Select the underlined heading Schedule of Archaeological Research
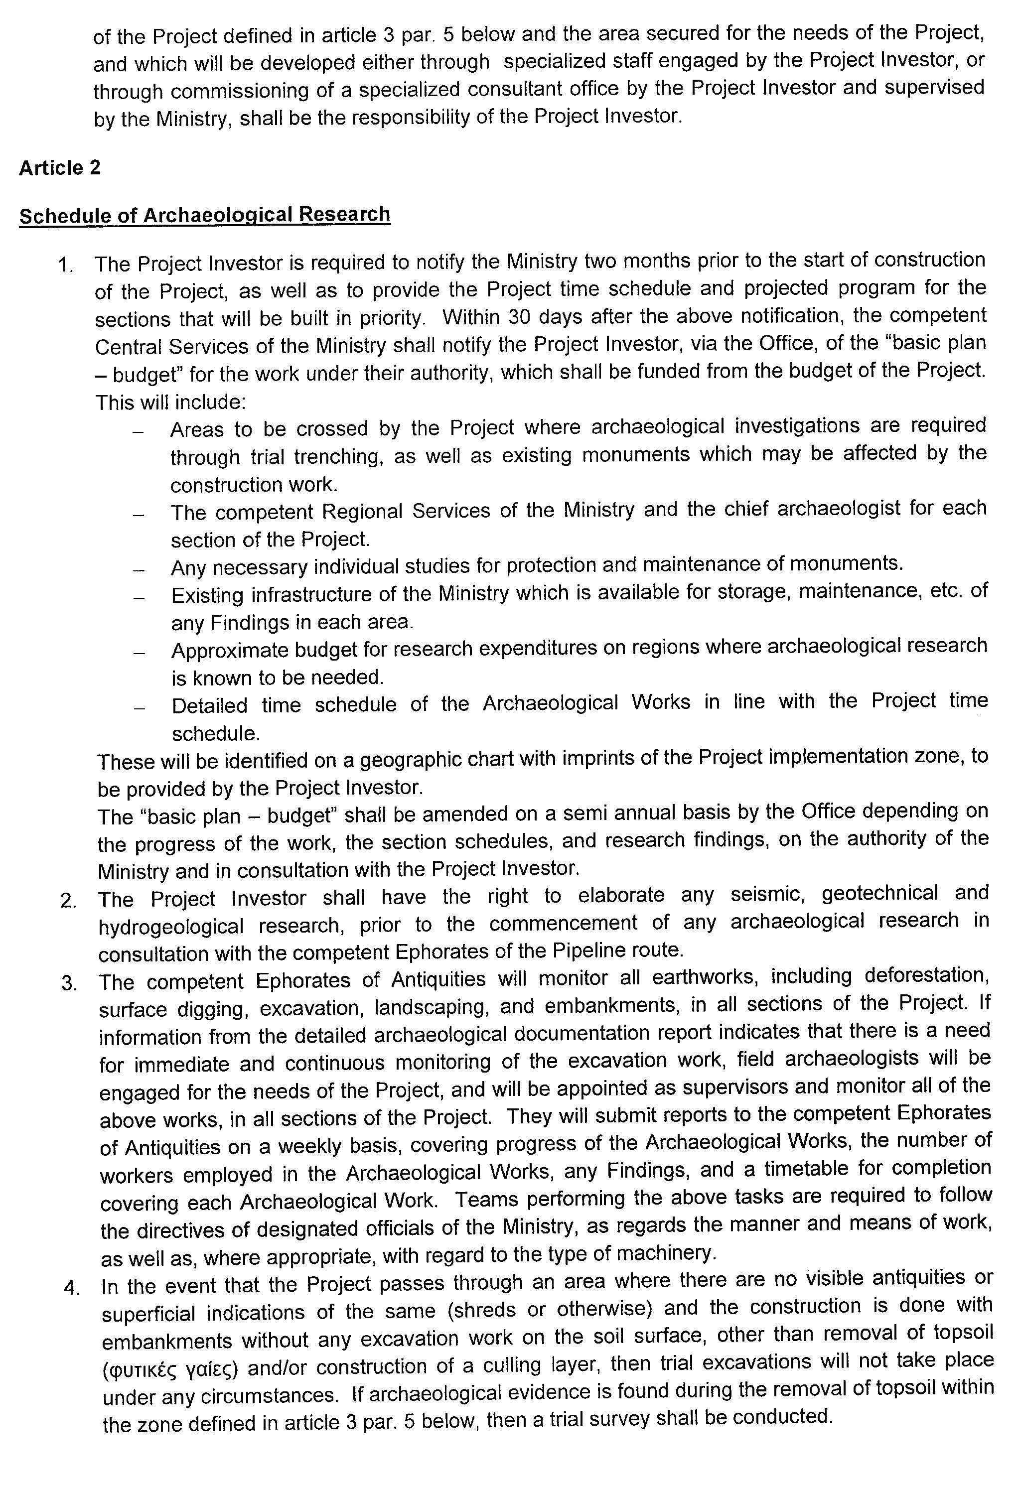(x=204, y=215)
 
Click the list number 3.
(x=69, y=983)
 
